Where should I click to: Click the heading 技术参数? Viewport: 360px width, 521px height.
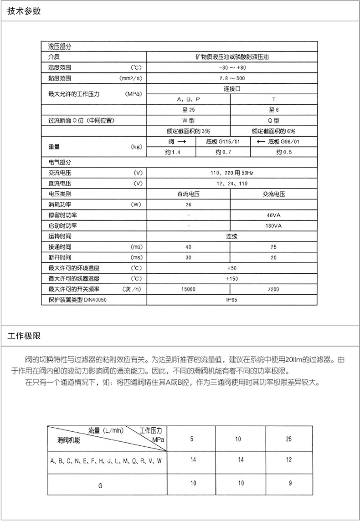pos(24,11)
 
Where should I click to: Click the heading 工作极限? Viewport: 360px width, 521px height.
pos(24,337)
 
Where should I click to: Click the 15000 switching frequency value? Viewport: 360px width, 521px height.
pos(188,289)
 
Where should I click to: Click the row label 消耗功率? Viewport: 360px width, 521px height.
pos(60,204)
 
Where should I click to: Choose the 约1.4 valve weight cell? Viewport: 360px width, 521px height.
pos(172,152)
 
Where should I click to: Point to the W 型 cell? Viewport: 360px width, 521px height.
pos(188,121)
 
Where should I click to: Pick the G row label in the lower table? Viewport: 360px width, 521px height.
pos(100,485)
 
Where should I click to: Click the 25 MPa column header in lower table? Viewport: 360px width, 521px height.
pos(289,439)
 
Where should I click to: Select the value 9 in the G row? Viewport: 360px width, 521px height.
pos(290,483)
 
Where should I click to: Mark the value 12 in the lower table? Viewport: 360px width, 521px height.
pos(289,460)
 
